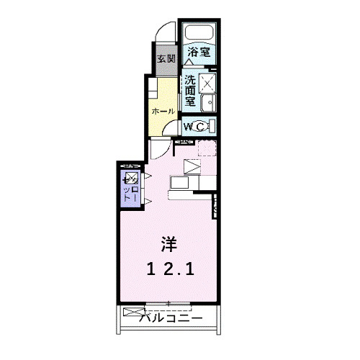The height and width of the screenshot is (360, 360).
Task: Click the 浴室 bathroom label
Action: (x=199, y=53)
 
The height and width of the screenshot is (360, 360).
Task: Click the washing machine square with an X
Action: (x=209, y=83)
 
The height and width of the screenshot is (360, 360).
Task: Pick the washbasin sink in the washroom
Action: (x=210, y=103)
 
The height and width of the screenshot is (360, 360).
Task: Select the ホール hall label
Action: (x=162, y=111)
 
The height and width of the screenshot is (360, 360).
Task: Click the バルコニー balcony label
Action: (x=170, y=318)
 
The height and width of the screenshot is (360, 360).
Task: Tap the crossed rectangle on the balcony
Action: (x=134, y=312)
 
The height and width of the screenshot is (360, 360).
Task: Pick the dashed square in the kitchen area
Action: (x=207, y=148)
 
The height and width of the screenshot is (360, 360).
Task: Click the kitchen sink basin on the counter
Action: (x=179, y=183)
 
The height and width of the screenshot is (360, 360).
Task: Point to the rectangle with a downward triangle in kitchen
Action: (x=193, y=167)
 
